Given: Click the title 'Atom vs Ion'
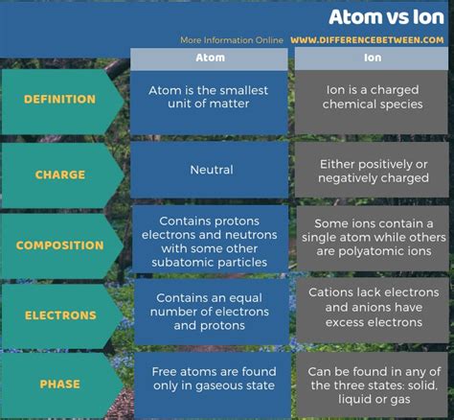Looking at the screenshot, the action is tap(386, 17).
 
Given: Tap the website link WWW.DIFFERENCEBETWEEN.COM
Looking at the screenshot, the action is tap(367, 40).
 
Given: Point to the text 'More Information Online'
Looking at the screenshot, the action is tap(232, 40).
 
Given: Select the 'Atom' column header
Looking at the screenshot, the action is tap(209, 58).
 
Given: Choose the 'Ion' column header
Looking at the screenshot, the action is tap(372, 58).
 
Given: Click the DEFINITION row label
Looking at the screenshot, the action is tap(59, 99).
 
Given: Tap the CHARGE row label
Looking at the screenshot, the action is tap(60, 175).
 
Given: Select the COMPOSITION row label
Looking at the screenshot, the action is tap(59, 245).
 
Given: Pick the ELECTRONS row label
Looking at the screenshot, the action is tap(60, 315).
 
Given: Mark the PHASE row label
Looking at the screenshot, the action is tap(59, 384).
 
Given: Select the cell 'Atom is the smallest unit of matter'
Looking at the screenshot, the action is tap(209, 103).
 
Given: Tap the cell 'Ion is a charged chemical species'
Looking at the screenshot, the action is tap(372, 103).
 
